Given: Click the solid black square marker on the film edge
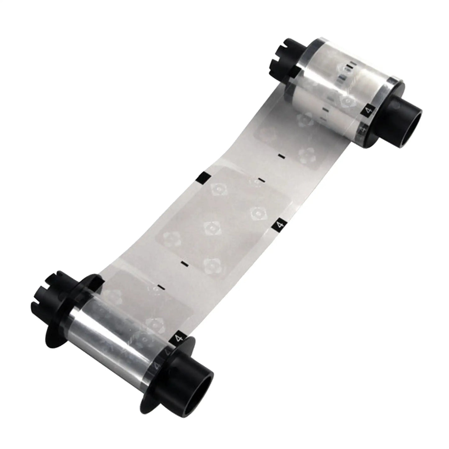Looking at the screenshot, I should [204, 177].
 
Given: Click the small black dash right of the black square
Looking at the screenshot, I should [261, 180].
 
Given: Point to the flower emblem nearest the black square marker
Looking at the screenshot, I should [218, 189].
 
